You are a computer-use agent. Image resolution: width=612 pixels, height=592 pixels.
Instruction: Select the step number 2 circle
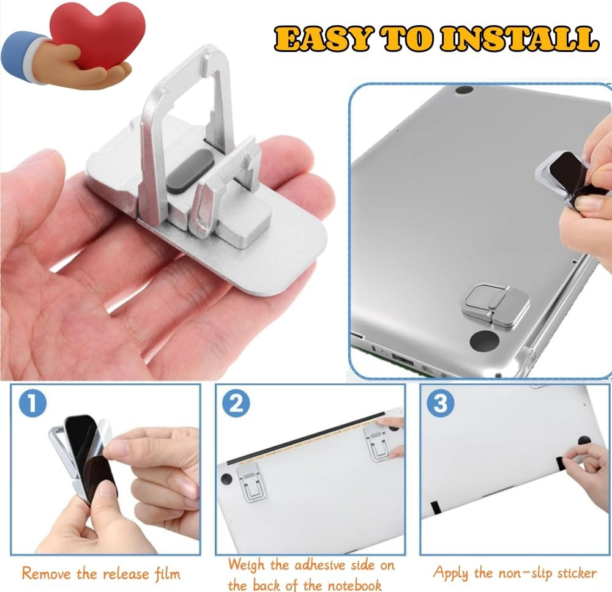click(236, 404)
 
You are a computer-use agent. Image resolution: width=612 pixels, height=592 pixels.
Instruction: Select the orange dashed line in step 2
click(306, 440)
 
